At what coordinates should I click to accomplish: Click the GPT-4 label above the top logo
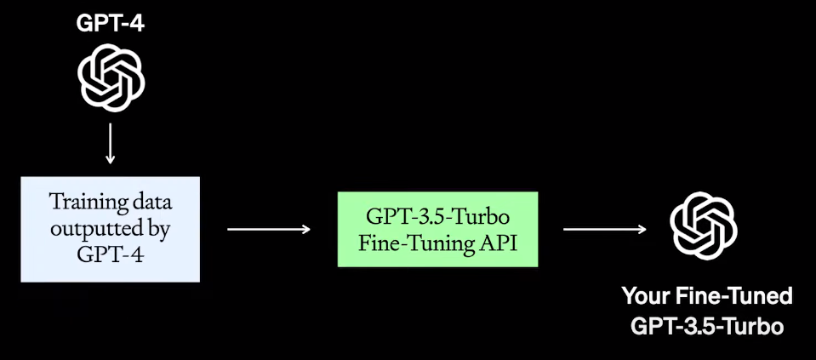[111, 24]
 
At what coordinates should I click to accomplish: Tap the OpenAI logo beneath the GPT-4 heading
[111, 77]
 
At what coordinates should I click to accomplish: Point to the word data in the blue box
[148, 202]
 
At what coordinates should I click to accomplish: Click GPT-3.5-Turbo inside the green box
[438, 214]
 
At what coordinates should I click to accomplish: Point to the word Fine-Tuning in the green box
[417, 241]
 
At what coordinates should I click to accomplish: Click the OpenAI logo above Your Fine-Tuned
[704, 226]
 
